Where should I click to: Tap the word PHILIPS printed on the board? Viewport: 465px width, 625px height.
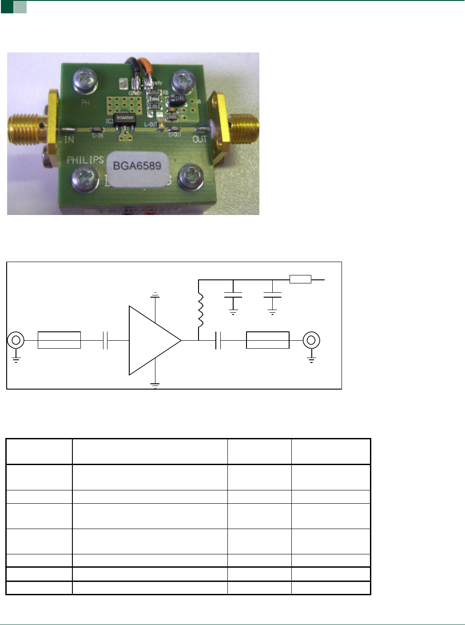85,160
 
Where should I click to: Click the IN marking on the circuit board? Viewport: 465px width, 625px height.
69,139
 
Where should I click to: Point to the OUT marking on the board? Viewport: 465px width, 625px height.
200,139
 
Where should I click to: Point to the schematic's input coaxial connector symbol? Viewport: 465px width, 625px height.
16,341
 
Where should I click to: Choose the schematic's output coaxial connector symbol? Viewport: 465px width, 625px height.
311,341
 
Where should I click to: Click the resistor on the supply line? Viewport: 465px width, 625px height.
300,279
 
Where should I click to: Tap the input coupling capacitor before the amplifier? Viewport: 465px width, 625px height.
105,341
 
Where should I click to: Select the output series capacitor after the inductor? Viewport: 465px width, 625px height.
218,341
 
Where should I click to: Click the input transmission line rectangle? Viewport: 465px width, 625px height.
59,340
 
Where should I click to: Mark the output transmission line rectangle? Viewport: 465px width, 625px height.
267,340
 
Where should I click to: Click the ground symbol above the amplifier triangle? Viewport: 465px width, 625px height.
155,295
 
